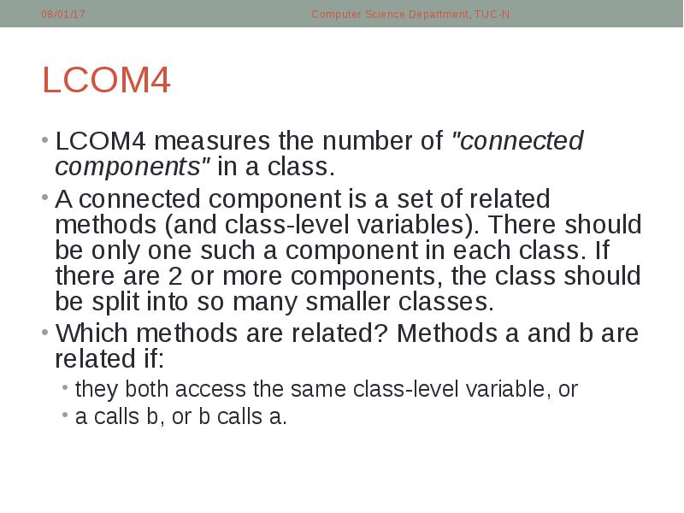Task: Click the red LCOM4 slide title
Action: (x=107, y=81)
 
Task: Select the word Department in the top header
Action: (x=434, y=15)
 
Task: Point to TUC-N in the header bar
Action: (x=492, y=15)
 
